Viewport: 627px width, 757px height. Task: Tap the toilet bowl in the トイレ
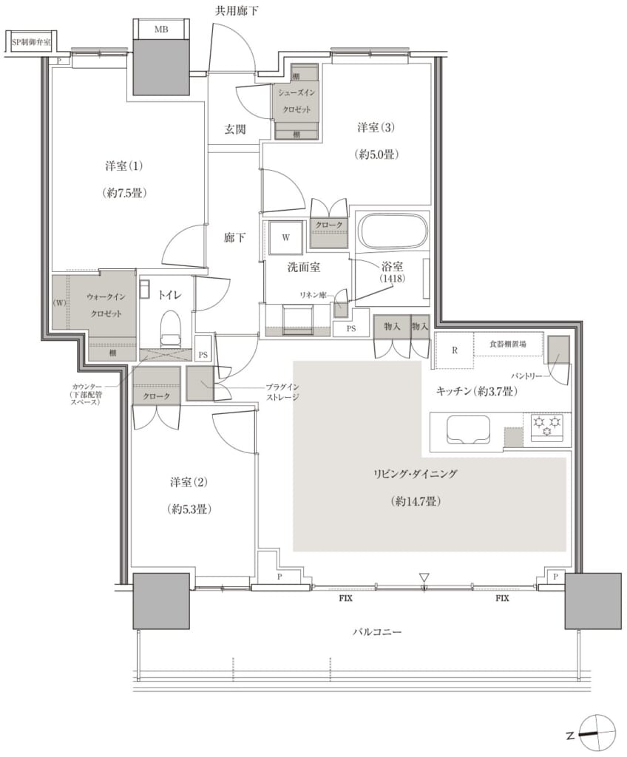pos(169,328)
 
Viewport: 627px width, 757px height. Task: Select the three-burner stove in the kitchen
pos(547,426)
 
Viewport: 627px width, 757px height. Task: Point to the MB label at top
pos(161,30)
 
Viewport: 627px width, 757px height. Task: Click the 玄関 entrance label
pos(235,129)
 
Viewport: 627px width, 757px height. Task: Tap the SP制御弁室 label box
pos(31,42)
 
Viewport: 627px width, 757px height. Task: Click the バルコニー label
pos(377,631)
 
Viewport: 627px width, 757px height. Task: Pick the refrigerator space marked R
pos(455,350)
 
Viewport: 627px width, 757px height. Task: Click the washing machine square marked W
pos(286,237)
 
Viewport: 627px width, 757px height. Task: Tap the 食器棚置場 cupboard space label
pos(507,344)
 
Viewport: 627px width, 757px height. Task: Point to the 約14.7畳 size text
pos(416,501)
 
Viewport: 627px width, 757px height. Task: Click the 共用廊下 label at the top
pos(237,10)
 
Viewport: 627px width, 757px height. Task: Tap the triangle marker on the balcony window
pos(424,577)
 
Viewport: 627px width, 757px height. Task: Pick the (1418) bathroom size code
pos(392,279)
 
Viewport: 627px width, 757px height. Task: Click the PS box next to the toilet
pos(203,354)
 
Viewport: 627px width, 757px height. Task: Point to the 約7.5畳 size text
pos(124,193)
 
